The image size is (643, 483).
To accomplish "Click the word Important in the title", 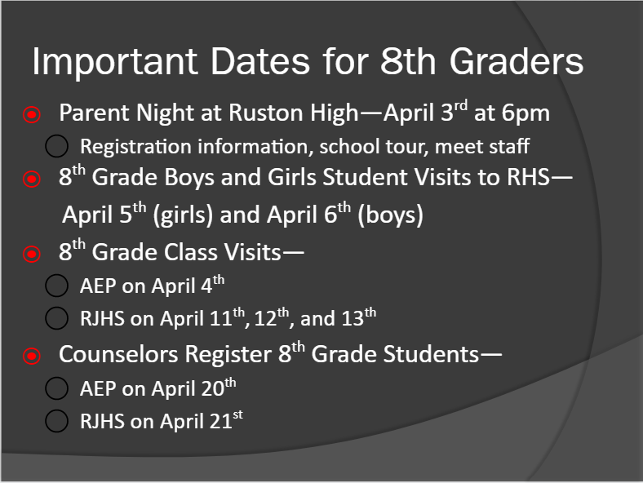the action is tap(115, 62).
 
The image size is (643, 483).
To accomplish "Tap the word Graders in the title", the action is tap(517, 61).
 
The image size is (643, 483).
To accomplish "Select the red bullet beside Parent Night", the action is tap(32, 114).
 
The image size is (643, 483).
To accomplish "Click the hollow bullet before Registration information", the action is tap(56, 146).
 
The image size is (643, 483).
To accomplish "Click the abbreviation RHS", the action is tap(528, 177).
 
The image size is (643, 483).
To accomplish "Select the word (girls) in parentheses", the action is tap(183, 215).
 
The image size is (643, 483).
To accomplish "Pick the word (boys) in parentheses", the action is tap(390, 215).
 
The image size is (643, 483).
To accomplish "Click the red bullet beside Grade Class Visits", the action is tap(32, 254).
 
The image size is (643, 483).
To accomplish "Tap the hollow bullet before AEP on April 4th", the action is tap(56, 286).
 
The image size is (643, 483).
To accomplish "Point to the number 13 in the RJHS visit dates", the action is tap(353, 318).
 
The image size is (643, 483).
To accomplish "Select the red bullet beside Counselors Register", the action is tap(32, 356).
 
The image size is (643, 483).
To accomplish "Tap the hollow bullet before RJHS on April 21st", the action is tap(56, 421).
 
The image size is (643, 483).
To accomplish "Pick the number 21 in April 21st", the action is tap(220, 421).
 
